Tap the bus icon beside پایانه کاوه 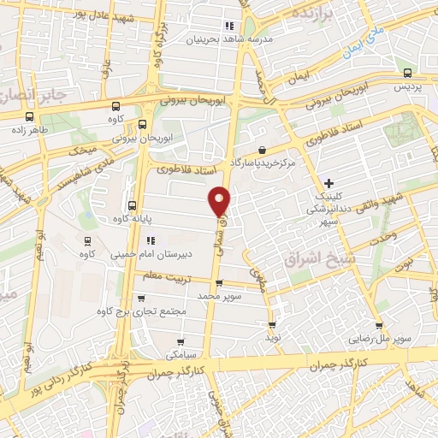pos(132,205)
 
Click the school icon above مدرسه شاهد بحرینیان pos(228,26)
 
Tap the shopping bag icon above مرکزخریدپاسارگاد pos(260,150)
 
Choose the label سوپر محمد pos(221,295)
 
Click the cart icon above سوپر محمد pos(219,283)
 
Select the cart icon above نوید pos(272,325)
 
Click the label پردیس pos(408,88)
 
